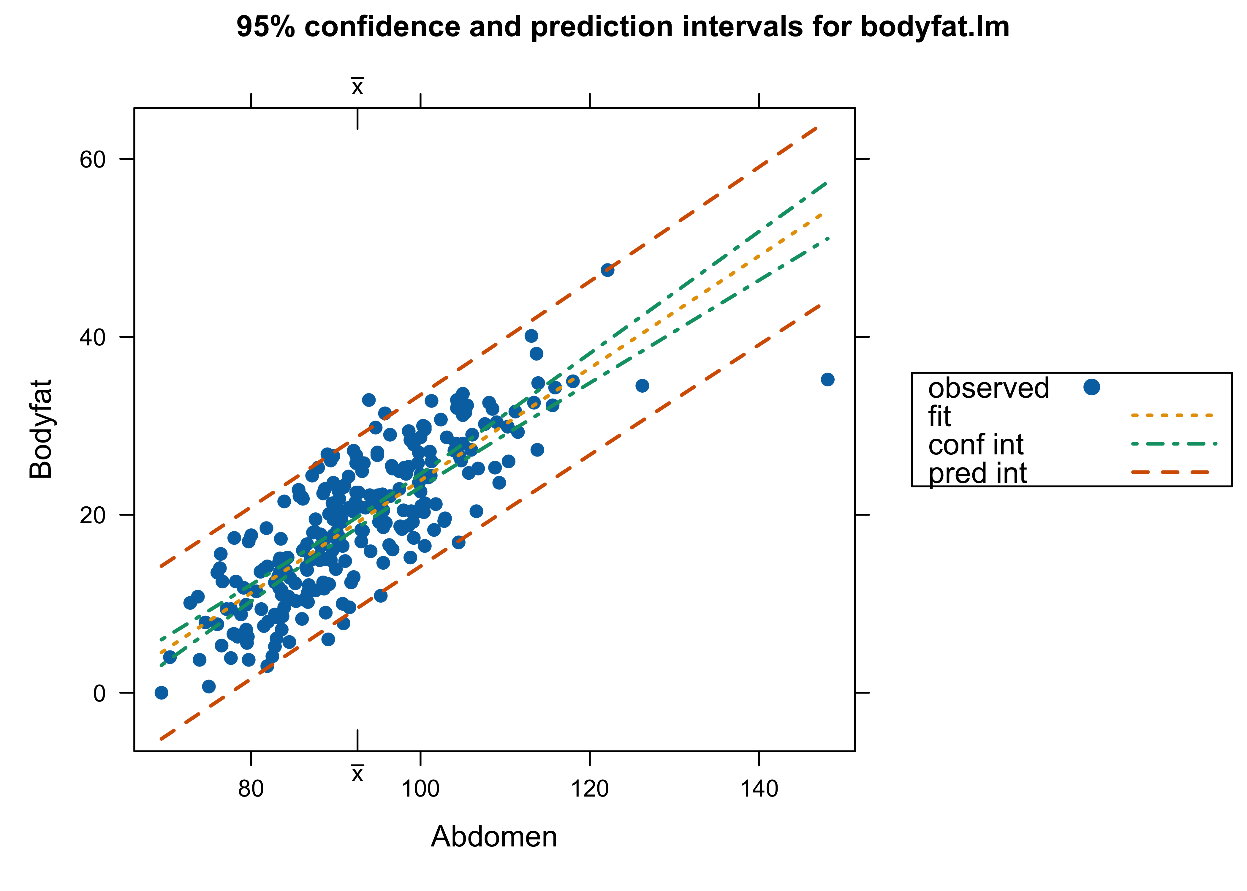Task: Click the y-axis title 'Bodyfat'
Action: click(41, 429)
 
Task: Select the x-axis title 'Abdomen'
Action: click(493, 837)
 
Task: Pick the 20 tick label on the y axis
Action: click(92, 516)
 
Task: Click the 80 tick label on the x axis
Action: click(251, 789)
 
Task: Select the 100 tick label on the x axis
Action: click(420, 789)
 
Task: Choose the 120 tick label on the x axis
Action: click(589, 789)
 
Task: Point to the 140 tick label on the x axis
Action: click(759, 789)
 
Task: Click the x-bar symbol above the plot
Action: click(357, 87)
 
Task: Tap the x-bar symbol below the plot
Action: click(357, 774)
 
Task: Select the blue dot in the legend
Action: click(1091, 387)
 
